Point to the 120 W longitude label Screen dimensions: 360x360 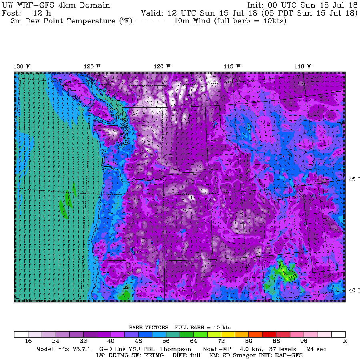(162, 66)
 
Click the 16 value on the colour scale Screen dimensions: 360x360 (28, 341)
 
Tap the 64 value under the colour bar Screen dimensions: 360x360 (194, 341)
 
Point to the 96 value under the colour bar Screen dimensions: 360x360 (304, 341)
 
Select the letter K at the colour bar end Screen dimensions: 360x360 (345, 341)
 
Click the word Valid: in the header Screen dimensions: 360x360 (152, 13)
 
